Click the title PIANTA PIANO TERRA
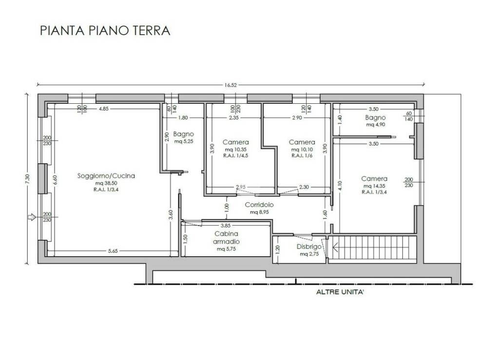pyautogui.click(x=105, y=31)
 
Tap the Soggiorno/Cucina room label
pyautogui.click(x=106, y=176)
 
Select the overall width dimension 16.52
pyautogui.click(x=230, y=85)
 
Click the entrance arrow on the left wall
pyautogui.click(x=32, y=217)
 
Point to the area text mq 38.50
pyautogui.click(x=106, y=184)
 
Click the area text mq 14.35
pyautogui.click(x=374, y=186)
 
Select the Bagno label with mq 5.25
pyautogui.click(x=184, y=134)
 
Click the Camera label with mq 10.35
pyautogui.click(x=236, y=142)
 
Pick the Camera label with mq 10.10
pyautogui.click(x=302, y=142)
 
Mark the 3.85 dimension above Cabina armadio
pyautogui.click(x=225, y=226)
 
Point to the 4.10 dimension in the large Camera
pyautogui.click(x=341, y=186)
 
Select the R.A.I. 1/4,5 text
pyautogui.click(x=236, y=156)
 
